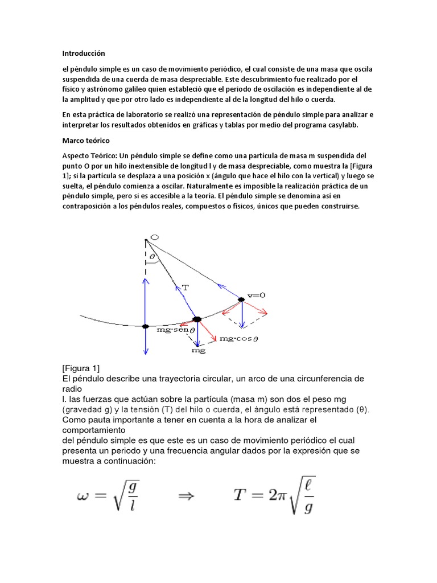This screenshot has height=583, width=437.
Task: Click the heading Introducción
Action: point(84,53)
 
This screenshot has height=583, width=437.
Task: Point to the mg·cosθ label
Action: point(239,338)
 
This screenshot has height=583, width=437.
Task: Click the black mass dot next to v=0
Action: point(241,299)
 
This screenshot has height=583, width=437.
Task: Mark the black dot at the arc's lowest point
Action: point(146,326)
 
